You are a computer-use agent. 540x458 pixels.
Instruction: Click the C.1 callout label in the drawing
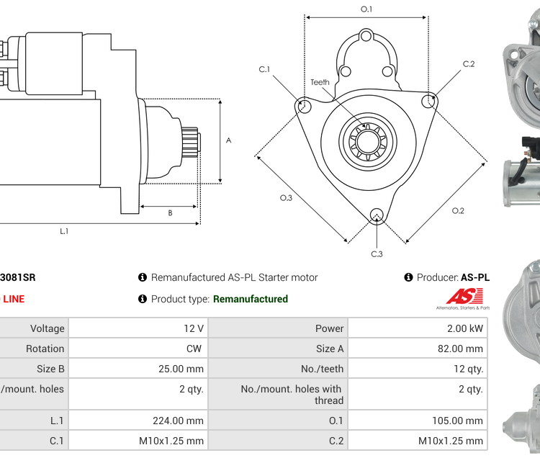coord(264,70)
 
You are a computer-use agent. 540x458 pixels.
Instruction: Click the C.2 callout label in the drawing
coord(469,64)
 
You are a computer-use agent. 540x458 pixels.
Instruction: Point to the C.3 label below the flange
coord(377,254)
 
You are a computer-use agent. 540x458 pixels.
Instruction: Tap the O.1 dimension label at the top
coord(366,9)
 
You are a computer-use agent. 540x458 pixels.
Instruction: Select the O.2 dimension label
coord(458,211)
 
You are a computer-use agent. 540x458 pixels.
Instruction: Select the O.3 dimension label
coord(286,198)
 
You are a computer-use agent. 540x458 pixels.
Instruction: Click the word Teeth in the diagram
coord(320,82)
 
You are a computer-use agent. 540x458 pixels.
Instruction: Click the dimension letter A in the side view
coord(229,140)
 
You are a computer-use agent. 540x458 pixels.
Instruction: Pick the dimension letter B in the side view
coord(170,213)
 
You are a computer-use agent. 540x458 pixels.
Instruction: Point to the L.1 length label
coord(64,231)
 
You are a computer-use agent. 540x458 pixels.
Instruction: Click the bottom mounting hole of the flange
coord(376,214)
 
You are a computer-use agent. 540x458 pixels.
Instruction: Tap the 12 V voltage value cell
coord(193,328)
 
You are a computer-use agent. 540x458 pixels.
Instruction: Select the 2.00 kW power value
coord(467,328)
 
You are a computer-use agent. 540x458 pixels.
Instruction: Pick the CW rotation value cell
coord(195,349)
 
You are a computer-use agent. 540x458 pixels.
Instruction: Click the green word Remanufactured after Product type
coord(251,299)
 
